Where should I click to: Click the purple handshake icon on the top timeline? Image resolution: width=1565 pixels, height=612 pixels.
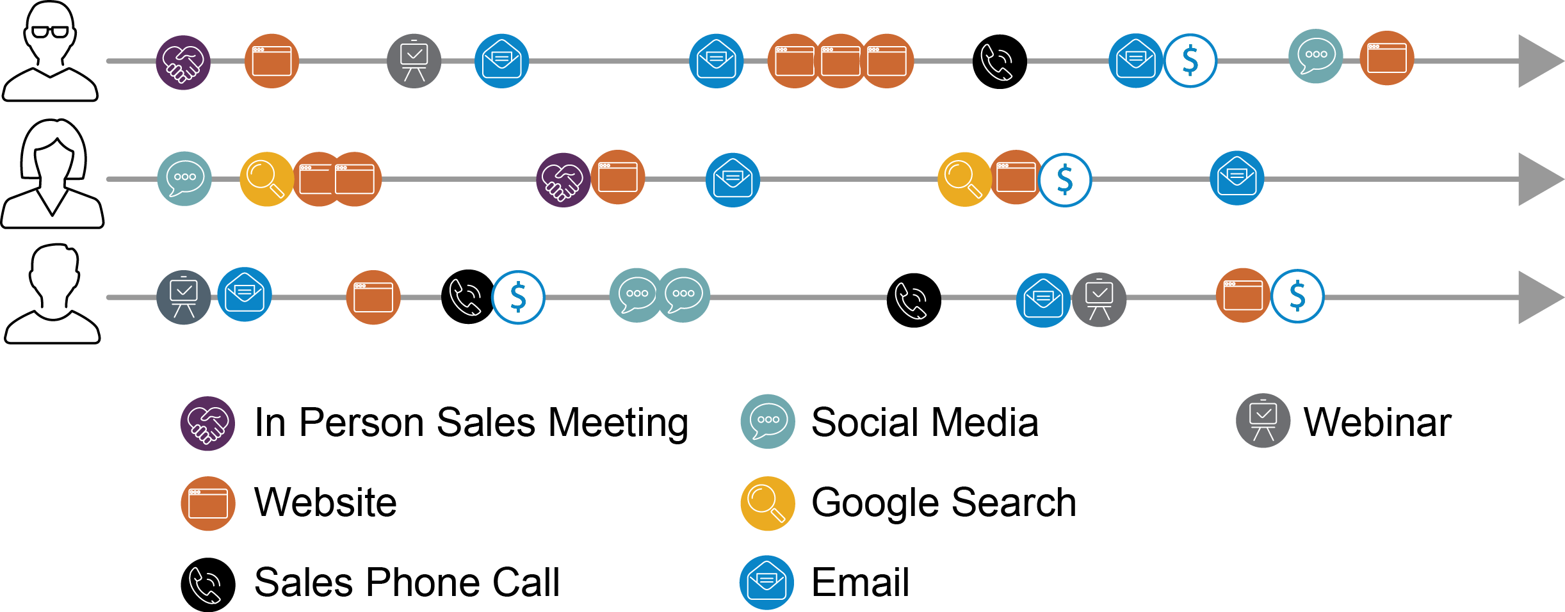tap(183, 62)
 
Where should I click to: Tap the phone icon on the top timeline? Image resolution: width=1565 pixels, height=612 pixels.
tap(996, 62)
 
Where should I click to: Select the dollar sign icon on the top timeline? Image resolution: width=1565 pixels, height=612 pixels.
tap(1190, 61)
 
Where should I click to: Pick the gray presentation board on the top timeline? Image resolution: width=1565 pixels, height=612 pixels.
tap(414, 61)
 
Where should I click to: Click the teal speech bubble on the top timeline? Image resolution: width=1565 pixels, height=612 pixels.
tap(1315, 56)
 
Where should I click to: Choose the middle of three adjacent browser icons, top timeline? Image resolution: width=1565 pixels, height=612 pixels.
tap(840, 61)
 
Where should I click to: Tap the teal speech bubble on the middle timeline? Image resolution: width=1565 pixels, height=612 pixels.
tap(184, 179)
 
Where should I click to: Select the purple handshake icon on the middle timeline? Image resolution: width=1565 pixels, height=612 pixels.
tap(563, 180)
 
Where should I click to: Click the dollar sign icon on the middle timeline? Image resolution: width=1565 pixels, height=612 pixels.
tap(1064, 180)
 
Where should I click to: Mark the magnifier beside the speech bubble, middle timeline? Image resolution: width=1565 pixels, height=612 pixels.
tap(266, 179)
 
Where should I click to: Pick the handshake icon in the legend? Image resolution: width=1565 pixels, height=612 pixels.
tap(207, 424)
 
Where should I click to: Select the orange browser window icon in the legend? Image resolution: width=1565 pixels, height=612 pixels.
tap(208, 504)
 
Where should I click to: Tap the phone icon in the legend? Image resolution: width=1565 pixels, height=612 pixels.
tap(205, 585)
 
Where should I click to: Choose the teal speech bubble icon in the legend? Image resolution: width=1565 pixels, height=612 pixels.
tap(768, 421)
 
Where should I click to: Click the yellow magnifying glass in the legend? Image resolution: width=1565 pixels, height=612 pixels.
tap(768, 504)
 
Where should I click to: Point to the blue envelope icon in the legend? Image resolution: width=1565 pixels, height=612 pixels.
tap(766, 583)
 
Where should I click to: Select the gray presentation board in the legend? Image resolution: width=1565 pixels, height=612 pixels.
tap(1263, 421)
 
